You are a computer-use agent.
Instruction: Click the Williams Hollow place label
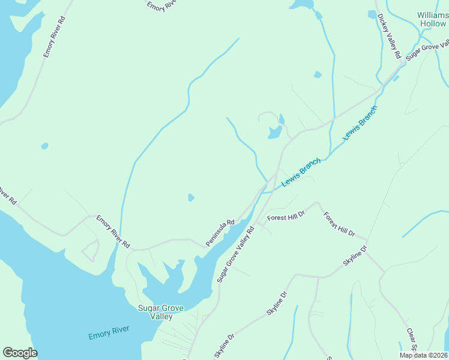pos(432,19)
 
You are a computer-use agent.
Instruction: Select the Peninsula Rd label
pos(220,232)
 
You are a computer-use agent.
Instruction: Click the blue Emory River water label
pos(109,332)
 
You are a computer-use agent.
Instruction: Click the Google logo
pos(20,353)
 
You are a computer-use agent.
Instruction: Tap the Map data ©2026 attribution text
pos(423,355)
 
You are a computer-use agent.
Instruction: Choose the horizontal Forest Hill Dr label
pos(286,217)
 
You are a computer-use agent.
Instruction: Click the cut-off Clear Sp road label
pos(411,339)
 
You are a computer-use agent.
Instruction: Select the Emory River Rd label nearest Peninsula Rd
pos(113,232)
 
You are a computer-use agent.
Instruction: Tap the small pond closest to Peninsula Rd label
pos(191,197)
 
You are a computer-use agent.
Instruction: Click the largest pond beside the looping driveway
pos(274,133)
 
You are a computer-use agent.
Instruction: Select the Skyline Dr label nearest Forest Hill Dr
pos(355,256)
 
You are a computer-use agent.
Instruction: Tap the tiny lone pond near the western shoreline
pos(44,146)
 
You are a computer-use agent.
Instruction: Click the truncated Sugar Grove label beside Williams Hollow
pos(427,49)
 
